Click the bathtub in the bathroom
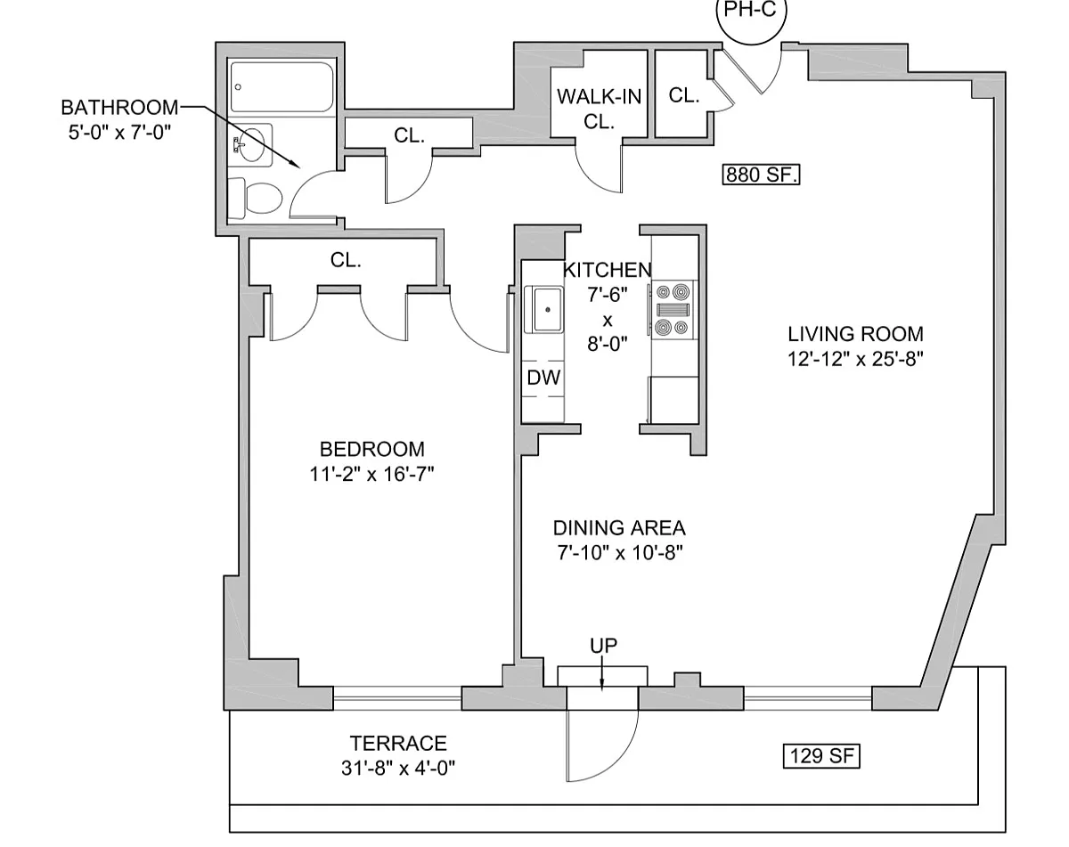pos(282,87)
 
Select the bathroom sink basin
pos(252,145)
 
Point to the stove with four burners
pos(674,310)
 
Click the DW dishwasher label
pos(543,378)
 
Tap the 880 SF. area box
pos(761,175)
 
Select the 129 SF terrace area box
pos(821,756)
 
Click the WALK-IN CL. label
pos(599,110)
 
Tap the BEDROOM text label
pos(372,450)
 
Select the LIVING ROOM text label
pos(855,334)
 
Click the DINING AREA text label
pos(619,528)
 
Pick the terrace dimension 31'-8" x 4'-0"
pos(398,769)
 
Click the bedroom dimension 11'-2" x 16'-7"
pos(372,475)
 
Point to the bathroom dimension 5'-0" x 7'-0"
pos(119,133)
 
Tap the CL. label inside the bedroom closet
pos(346,260)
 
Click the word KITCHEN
pos(607,270)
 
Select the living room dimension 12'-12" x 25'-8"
pos(855,359)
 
